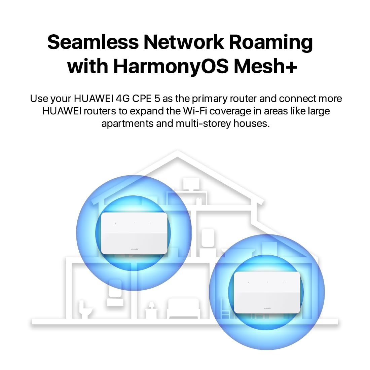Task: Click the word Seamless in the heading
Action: (x=93, y=42)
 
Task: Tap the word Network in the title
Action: (x=184, y=42)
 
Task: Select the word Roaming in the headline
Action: (x=271, y=43)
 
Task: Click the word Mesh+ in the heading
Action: (x=265, y=66)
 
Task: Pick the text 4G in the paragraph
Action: (x=122, y=99)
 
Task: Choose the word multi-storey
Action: (x=203, y=124)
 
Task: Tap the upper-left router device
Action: (x=134, y=233)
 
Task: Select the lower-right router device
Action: (x=267, y=293)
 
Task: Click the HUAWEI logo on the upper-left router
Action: (x=134, y=249)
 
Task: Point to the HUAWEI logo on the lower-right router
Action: (x=267, y=308)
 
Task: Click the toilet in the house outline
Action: (x=85, y=309)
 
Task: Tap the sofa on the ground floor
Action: (x=184, y=308)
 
